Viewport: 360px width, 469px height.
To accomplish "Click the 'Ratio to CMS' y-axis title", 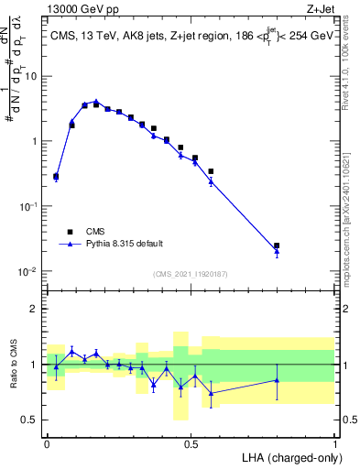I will click(x=14, y=365).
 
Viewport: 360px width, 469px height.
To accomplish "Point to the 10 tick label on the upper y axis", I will click(x=31, y=76).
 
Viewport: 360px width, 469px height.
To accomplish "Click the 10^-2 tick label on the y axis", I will click(x=27, y=272).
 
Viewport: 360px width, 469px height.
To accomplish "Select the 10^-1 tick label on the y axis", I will click(x=27, y=207).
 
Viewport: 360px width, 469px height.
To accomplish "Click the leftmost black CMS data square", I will click(x=56, y=177).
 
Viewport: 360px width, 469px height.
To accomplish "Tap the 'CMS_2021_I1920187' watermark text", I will click(x=190, y=273).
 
